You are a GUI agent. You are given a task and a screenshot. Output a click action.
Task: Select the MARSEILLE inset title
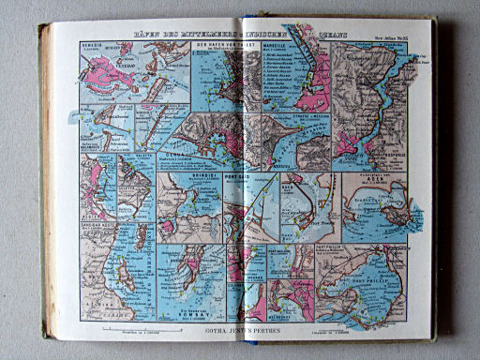(x=273, y=43)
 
